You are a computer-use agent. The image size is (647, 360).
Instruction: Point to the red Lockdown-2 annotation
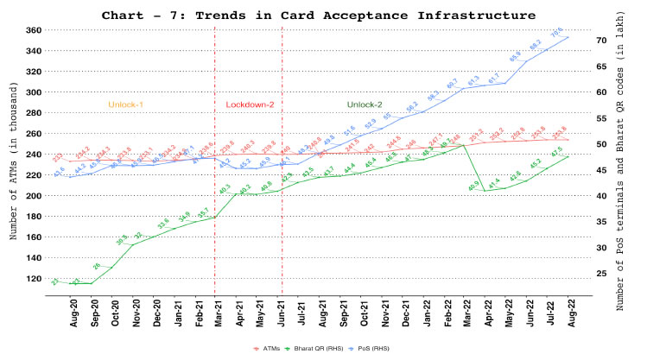[x=250, y=104]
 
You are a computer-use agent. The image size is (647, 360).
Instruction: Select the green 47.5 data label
[x=557, y=149]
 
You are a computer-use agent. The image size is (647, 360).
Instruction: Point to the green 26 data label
[x=97, y=266]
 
